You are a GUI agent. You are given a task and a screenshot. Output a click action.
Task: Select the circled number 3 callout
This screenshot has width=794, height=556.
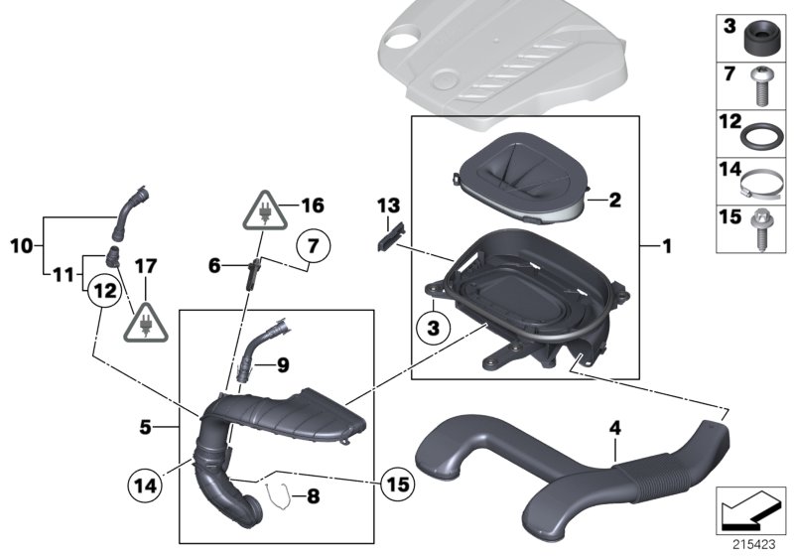pos(433,325)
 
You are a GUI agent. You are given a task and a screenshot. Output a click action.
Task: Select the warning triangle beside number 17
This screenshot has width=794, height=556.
pos(145,321)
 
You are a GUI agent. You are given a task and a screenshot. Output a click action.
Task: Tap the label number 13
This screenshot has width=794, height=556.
pos(386,206)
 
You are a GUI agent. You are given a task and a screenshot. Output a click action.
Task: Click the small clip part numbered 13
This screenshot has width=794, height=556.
pos(392,237)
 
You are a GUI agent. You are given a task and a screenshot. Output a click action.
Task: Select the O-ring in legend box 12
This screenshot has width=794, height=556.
pos(761,134)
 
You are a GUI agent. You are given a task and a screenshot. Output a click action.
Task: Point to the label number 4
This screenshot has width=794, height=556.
pos(614,429)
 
